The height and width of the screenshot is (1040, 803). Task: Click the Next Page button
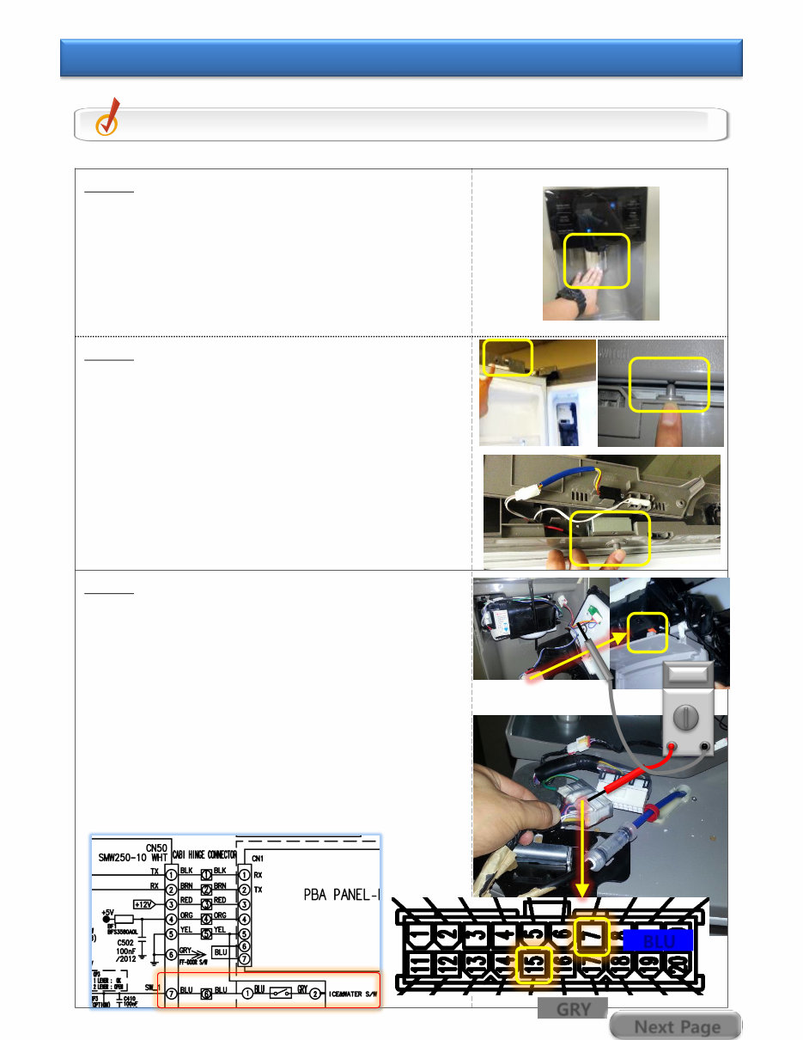[676, 1026]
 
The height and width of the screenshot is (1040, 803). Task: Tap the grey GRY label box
[572, 1009]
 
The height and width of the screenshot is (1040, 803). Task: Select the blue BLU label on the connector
[658, 941]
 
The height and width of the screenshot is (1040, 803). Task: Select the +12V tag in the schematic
[144, 904]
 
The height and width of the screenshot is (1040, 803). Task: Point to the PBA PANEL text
[340, 894]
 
